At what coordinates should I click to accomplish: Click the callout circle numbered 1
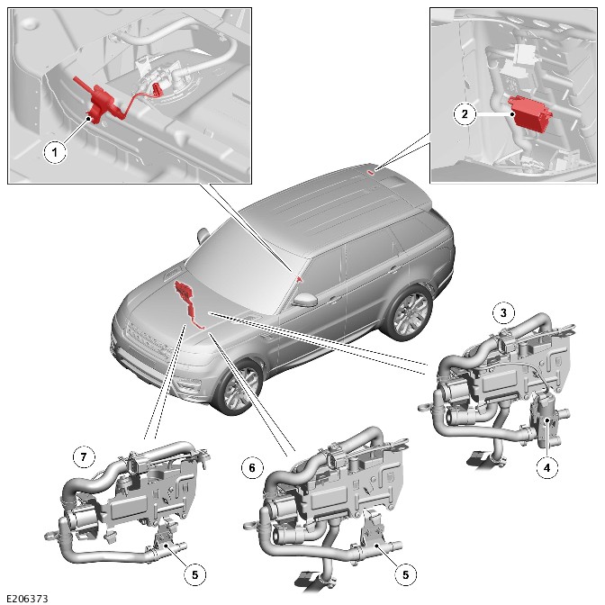(x=55, y=152)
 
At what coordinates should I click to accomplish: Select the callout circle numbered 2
(x=465, y=113)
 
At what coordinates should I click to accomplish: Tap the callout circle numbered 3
(x=503, y=312)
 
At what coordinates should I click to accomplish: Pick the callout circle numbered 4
(x=546, y=468)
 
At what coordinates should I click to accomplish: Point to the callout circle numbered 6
(x=252, y=467)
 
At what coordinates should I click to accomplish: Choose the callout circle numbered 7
(x=84, y=457)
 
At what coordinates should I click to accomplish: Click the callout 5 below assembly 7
(x=194, y=575)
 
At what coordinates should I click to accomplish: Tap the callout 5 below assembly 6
(x=405, y=575)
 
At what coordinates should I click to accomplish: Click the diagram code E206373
(x=27, y=599)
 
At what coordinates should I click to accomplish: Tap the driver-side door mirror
(x=305, y=299)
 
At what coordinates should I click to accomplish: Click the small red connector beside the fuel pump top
(x=157, y=88)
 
